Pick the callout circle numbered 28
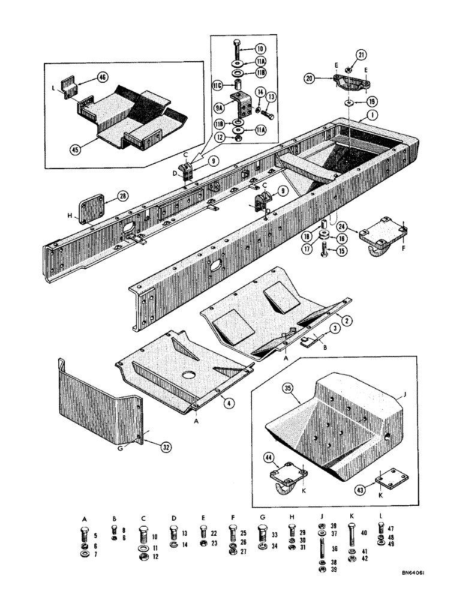[122, 196]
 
